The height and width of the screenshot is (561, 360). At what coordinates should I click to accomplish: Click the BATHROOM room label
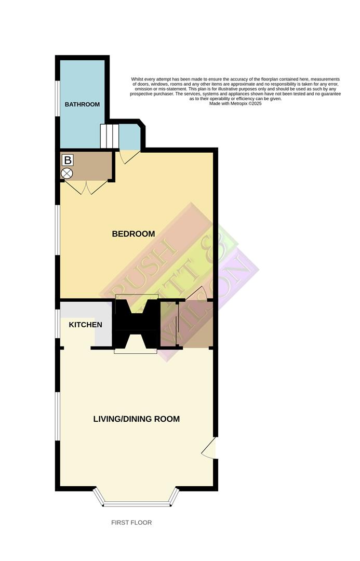pos(82,104)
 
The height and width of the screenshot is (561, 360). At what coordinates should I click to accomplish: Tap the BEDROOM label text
pos(134,234)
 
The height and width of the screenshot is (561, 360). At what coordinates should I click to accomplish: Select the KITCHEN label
pos(86,325)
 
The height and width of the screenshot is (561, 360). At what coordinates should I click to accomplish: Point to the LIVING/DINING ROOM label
pos(137,419)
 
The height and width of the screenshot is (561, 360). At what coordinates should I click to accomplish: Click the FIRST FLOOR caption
pos(131,523)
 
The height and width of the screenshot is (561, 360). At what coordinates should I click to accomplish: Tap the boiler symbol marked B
pos(68,161)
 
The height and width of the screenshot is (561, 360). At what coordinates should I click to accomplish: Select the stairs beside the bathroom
pos(110,136)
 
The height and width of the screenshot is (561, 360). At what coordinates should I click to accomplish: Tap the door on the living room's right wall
pos(209,448)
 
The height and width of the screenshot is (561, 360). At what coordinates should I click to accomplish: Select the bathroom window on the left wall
pos(57,104)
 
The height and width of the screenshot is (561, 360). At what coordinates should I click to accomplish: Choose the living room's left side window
pos(58,416)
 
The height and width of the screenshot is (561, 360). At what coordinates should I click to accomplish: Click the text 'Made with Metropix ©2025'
pos(235,103)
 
